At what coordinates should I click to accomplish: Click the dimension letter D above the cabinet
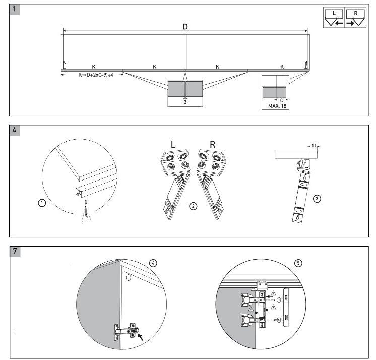click(185, 27)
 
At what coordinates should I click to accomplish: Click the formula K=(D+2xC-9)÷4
click(96, 75)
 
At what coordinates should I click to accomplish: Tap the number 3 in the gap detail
click(185, 102)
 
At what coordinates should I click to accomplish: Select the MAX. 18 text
click(277, 106)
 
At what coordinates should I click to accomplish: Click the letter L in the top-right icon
click(334, 13)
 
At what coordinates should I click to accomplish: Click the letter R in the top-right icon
click(356, 13)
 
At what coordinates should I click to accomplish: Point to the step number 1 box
click(15, 9)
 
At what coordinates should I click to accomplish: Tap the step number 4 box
click(15, 130)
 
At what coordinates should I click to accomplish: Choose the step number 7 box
click(15, 251)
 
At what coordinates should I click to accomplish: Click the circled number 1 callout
click(42, 203)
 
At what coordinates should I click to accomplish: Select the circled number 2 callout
click(193, 206)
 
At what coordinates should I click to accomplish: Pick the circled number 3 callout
click(317, 199)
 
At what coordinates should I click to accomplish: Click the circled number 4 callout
click(153, 263)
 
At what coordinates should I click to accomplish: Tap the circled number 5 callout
click(298, 263)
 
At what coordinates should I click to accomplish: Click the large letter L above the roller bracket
click(173, 144)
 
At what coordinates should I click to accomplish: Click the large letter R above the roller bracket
click(213, 144)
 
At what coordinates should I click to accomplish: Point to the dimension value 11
click(314, 146)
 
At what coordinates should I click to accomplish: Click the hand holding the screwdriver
click(86, 217)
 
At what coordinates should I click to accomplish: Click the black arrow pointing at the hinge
click(141, 337)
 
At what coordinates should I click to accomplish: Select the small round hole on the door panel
click(129, 278)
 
